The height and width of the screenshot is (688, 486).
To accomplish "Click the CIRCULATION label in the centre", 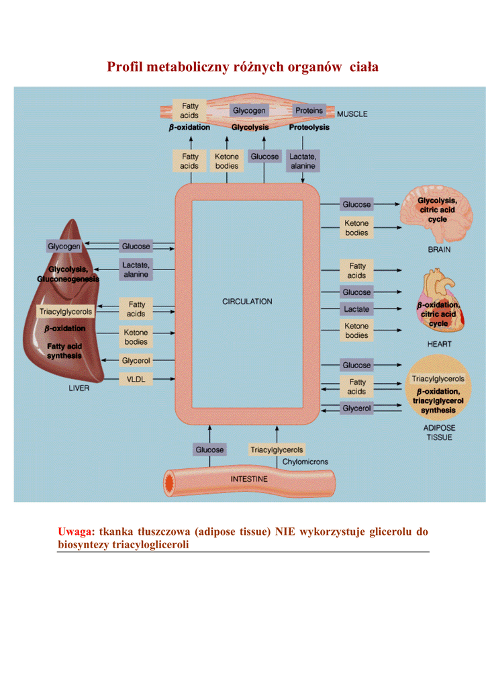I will (x=247, y=302).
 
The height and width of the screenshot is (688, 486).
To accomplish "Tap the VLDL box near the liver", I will (x=136, y=380).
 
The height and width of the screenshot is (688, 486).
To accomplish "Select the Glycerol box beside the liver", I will (x=136, y=361).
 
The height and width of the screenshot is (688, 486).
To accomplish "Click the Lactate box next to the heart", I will (x=356, y=309).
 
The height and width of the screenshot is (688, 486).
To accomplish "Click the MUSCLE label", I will (x=352, y=114).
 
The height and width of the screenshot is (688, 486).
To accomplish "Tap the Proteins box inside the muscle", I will (x=309, y=110).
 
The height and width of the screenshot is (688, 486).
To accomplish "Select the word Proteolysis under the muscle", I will (x=309, y=127).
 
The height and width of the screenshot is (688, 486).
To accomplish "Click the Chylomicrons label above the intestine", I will (x=305, y=462).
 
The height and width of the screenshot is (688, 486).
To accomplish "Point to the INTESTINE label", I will (x=249, y=479).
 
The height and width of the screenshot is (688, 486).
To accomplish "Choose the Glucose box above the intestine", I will (x=210, y=449).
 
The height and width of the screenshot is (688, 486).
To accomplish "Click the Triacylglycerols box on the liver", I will (x=66, y=312).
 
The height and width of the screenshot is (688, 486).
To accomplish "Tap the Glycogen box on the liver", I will (x=64, y=247).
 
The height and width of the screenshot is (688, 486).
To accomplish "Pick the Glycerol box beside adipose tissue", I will (x=356, y=408).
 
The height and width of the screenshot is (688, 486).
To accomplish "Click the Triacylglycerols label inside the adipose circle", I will (x=438, y=379).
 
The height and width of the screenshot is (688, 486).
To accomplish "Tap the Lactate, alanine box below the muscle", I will (x=303, y=161).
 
